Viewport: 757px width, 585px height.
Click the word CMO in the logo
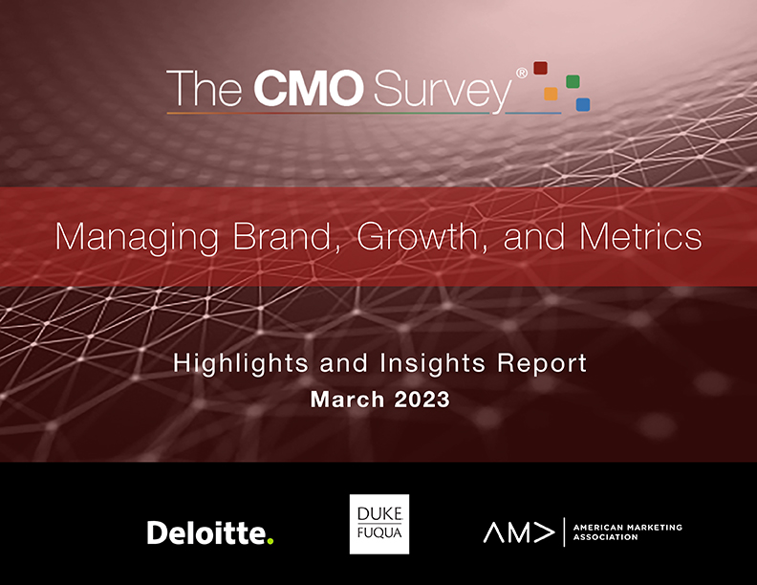pos(309,88)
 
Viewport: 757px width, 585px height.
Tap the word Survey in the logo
pos(443,91)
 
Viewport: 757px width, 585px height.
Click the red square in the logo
pos(540,68)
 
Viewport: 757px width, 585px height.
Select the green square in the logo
pos(573,81)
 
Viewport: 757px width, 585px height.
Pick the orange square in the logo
pos(551,94)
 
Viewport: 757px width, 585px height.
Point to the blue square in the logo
pos(583,104)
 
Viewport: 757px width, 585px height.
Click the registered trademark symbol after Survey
pos(522,73)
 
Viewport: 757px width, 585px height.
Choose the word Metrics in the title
pos(640,236)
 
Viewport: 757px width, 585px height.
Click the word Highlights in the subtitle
pos(241,364)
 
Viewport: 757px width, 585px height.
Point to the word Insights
pos(433,363)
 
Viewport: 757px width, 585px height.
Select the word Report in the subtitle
pos(542,363)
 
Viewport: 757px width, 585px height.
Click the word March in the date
pos(347,400)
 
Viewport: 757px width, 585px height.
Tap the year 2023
pos(422,400)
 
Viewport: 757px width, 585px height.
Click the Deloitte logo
pos(210,532)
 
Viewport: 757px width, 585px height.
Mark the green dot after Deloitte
pos(270,541)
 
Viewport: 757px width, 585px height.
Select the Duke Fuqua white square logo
pos(379,524)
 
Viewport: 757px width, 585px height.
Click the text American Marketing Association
pos(628,531)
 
